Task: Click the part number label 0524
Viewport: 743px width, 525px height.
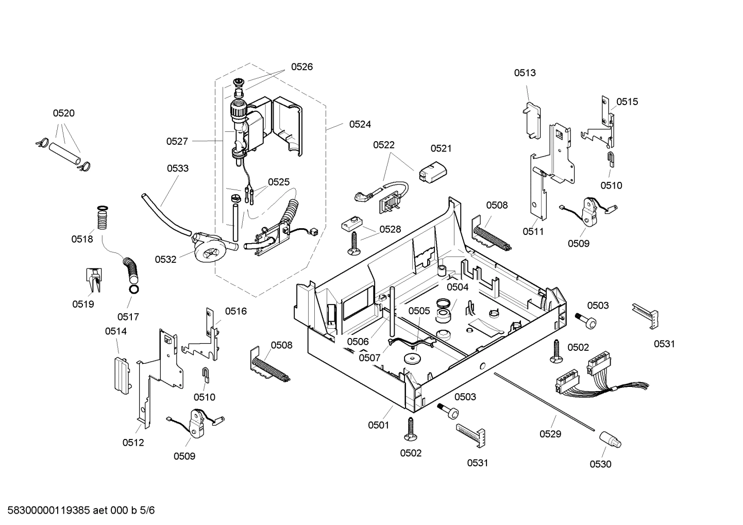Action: [x=360, y=124]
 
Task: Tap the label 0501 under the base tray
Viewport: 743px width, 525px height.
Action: [x=378, y=425]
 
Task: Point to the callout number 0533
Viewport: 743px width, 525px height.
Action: [x=177, y=168]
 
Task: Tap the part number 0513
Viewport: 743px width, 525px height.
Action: [x=525, y=73]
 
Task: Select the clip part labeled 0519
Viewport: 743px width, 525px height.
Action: [x=93, y=280]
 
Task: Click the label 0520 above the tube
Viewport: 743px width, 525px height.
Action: [x=63, y=113]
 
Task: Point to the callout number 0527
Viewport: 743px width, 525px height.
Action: [x=177, y=141]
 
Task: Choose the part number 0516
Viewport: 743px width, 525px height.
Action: [x=235, y=311]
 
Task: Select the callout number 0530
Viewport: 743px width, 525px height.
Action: [x=600, y=464]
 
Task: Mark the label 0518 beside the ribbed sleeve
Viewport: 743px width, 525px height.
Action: [x=82, y=239]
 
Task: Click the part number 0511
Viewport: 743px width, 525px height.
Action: [x=533, y=232]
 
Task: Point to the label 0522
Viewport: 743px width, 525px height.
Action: [x=384, y=145]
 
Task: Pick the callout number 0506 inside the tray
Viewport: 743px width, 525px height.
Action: [x=358, y=342]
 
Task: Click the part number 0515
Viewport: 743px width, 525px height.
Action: [x=627, y=102]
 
